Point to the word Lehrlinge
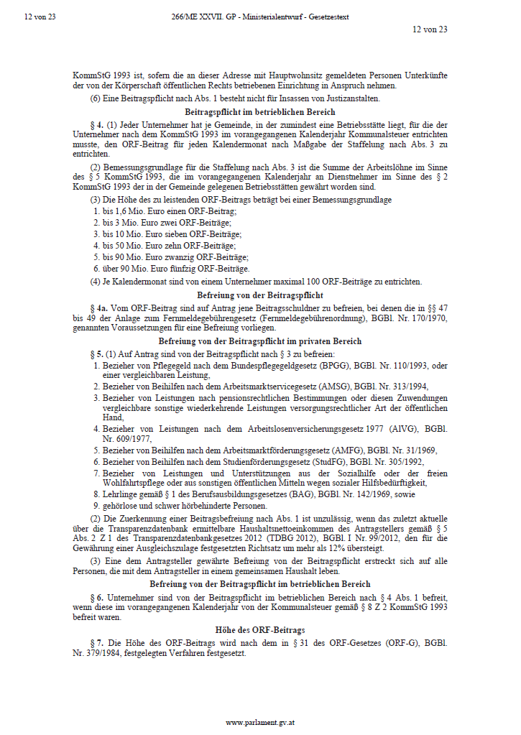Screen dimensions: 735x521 [x=119, y=494]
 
